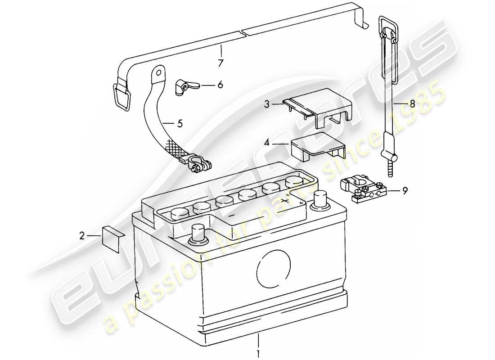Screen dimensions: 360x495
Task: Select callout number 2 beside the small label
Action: (82, 234)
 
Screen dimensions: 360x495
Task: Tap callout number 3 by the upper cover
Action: (266, 104)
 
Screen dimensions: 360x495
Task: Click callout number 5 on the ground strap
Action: (180, 124)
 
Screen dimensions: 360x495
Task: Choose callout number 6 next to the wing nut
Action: (220, 84)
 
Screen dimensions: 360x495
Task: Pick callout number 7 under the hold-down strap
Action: (220, 63)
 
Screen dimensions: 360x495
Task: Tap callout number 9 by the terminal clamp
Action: (405, 190)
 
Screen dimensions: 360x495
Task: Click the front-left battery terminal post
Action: (198, 234)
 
